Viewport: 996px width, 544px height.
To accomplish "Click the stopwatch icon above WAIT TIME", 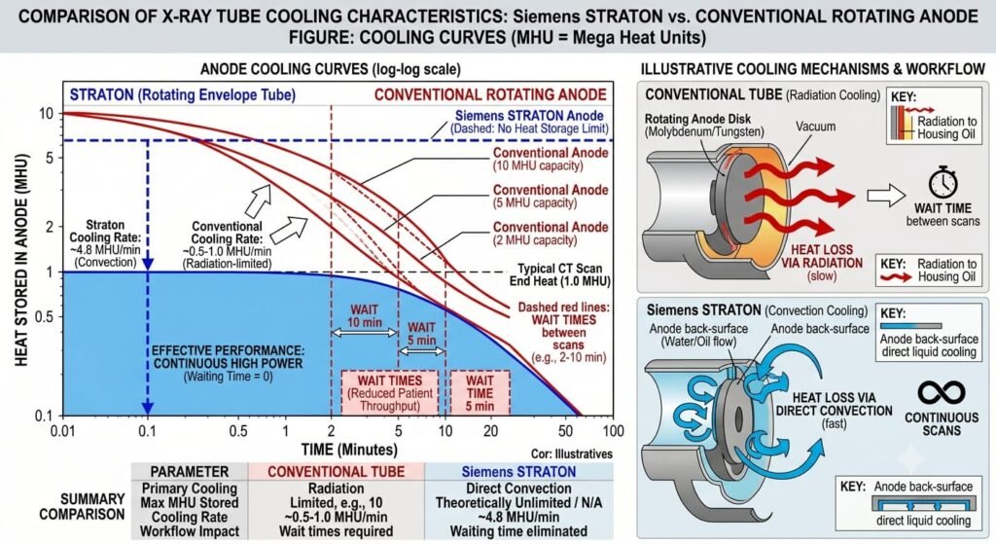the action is pos(943,183).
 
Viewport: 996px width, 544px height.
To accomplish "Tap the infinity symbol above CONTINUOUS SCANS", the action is pos(942,393).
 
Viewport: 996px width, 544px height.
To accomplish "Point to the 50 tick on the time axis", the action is pos(565,431).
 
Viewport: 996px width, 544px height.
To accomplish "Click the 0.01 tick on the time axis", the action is pos(62,431).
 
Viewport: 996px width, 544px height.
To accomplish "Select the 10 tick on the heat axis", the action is pos(47,114).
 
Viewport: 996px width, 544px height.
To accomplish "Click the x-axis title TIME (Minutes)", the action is pos(349,450).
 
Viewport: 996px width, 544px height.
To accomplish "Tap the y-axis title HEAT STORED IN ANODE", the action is pos(21,260).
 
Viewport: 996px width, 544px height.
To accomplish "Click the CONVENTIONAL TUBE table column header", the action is pos(336,472).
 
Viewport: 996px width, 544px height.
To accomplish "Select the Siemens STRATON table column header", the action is pos(519,472).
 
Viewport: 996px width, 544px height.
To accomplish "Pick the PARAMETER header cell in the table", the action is pos(190,472).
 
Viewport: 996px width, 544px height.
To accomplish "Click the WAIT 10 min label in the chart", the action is pos(364,316).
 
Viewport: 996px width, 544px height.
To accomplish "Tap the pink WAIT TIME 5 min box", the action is pos(480,393).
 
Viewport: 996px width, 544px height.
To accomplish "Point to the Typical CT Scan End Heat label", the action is pos(559,275).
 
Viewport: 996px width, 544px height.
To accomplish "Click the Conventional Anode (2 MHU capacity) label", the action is pos(551,234).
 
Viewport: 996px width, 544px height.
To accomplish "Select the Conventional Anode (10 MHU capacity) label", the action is pos(551,159).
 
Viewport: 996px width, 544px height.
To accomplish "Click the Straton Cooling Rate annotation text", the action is pos(105,243).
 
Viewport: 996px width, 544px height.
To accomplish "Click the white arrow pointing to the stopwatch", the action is pos(886,195).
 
